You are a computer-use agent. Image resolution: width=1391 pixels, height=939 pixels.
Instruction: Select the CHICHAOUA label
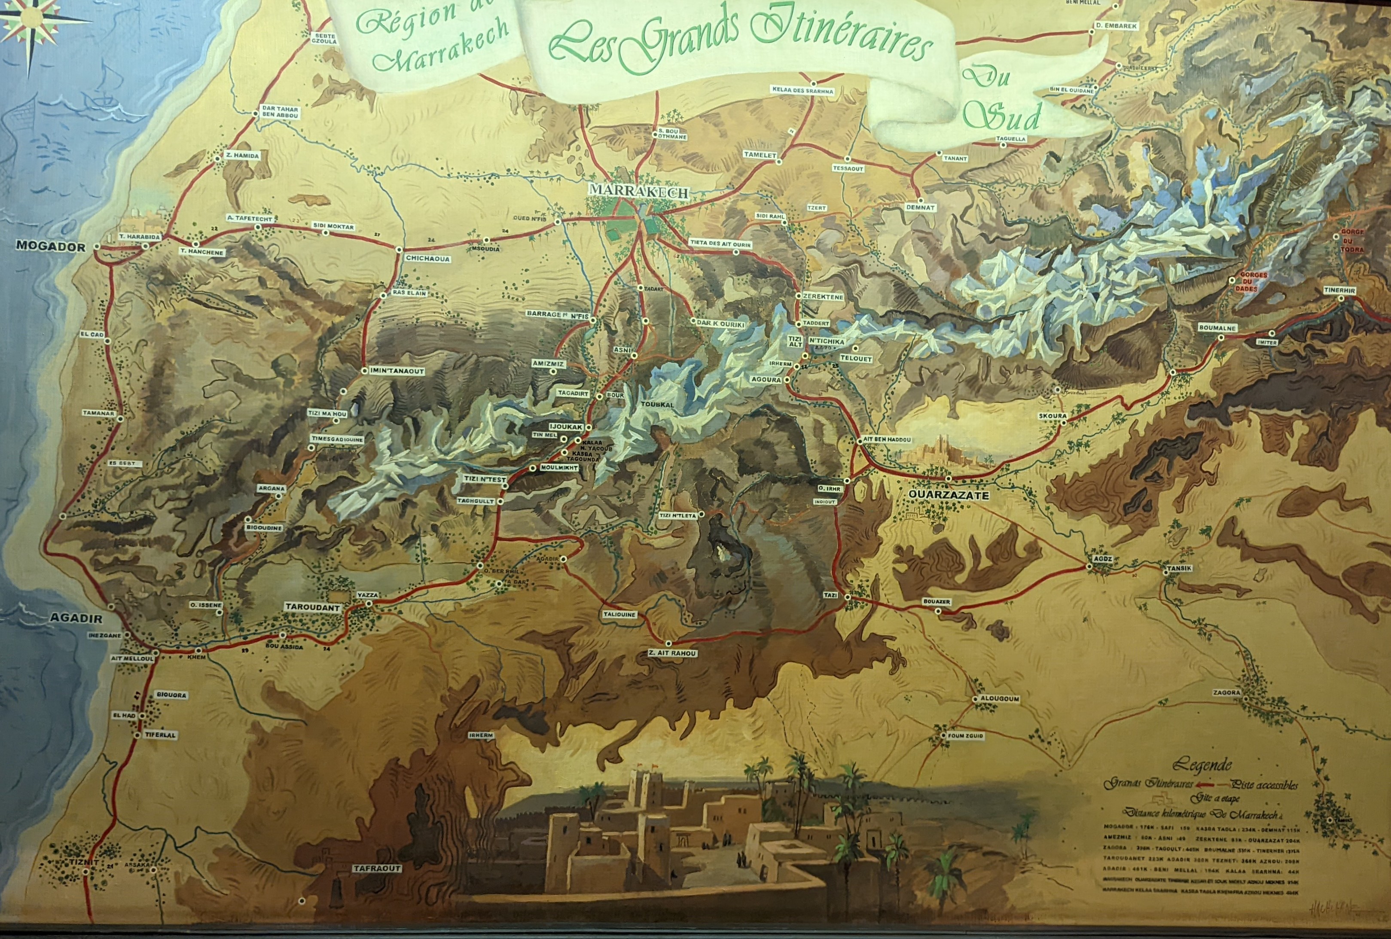point(427,259)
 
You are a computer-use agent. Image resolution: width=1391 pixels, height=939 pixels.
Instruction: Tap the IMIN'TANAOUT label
point(397,371)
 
